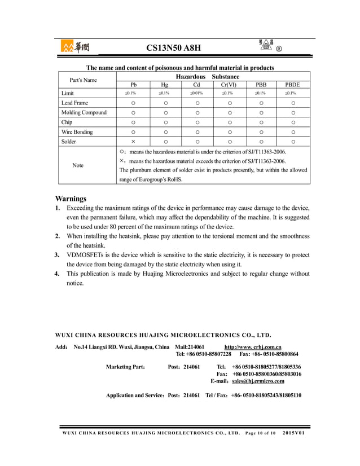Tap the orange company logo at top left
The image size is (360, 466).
pyautogui.click(x=74, y=47)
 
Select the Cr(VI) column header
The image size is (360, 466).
pyautogui.click(x=229, y=84)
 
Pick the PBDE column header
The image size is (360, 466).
pyautogui.click(x=292, y=84)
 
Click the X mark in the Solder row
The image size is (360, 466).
pyautogui.click(x=133, y=142)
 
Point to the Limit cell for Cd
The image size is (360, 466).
pyautogui.click(x=197, y=93)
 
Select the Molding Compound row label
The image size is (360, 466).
pyautogui.click(x=84, y=112)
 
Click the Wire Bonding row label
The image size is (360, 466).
pyautogui.click(x=77, y=132)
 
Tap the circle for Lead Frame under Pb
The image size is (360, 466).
pyautogui.click(x=133, y=103)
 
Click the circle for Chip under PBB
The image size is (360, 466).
pyautogui.click(x=261, y=122)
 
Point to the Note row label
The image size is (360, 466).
pyautogui.click(x=78, y=165)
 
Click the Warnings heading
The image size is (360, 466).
pyautogui.click(x=71, y=199)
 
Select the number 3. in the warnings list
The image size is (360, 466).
pyautogui.click(x=57, y=255)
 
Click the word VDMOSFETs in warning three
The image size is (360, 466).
pyautogui.click(x=86, y=255)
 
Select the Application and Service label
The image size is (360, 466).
pyautogui.click(x=135, y=395)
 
